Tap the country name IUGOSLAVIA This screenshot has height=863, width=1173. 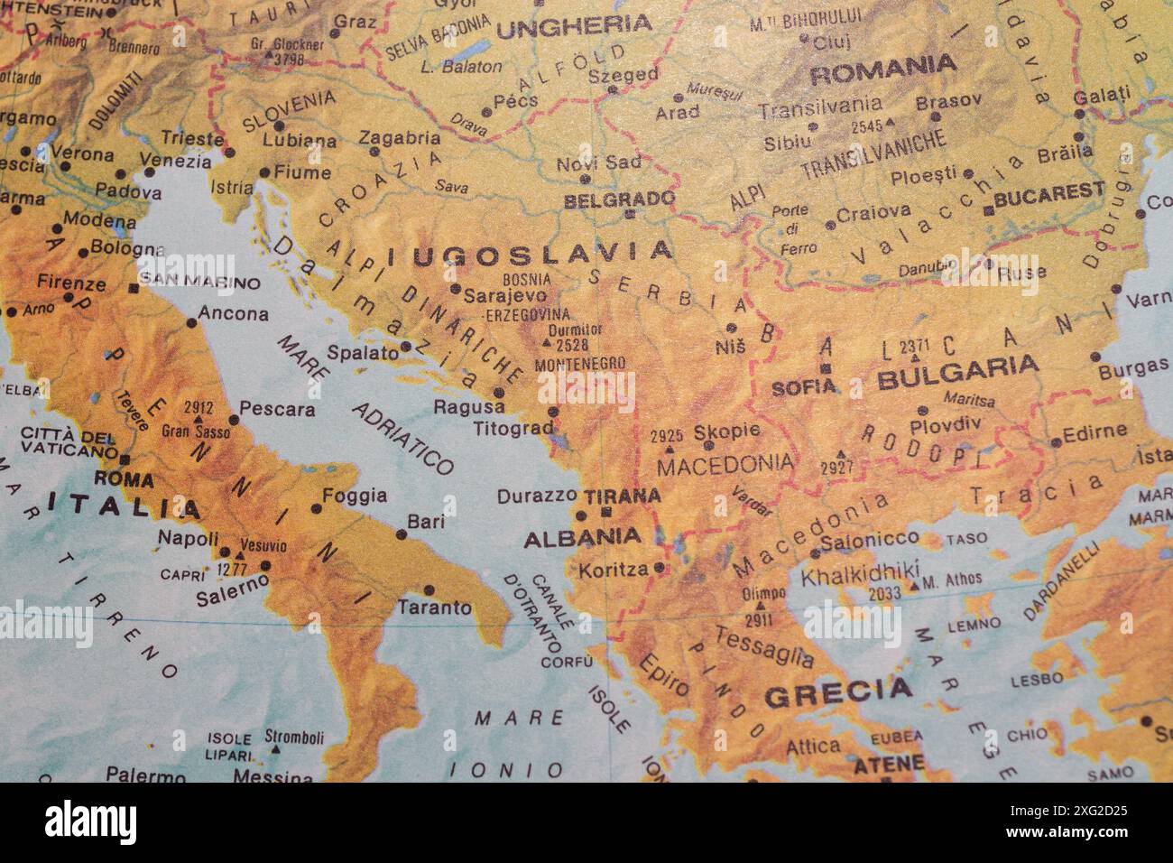click(531, 254)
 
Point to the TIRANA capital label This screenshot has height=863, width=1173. click(623, 496)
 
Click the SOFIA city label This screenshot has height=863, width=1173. click(804, 387)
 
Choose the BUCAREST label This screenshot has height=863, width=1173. click(1049, 191)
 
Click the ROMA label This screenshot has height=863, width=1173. click(124, 478)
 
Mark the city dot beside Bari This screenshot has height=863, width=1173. click(401, 534)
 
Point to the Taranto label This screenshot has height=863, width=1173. click(435, 608)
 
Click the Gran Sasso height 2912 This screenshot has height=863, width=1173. click(198, 407)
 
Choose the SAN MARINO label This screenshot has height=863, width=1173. click(199, 283)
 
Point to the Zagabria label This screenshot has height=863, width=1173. click(400, 138)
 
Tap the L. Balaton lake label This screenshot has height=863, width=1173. click(461, 66)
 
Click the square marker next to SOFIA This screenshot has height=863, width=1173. click(825, 368)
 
